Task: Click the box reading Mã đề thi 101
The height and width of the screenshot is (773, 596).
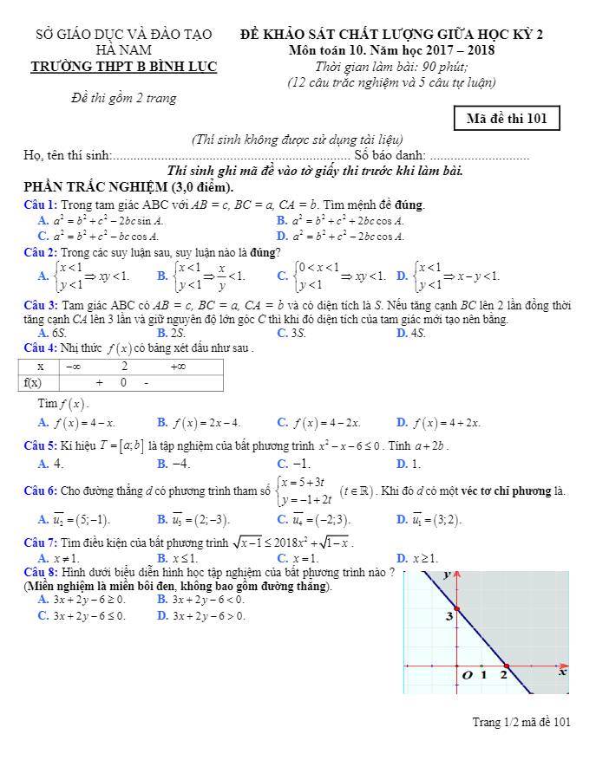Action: [507, 119]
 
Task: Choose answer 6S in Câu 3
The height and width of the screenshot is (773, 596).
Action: [59, 333]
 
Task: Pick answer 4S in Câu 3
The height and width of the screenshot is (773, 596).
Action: [416, 333]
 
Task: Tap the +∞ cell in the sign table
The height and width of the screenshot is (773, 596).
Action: [178, 367]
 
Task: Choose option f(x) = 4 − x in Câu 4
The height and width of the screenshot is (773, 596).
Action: [83, 423]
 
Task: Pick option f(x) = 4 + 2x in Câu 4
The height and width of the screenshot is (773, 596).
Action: [449, 423]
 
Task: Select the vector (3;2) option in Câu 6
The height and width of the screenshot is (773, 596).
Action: [441, 519]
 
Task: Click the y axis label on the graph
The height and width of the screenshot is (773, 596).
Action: [447, 574]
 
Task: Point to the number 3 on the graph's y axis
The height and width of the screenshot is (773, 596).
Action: [449, 616]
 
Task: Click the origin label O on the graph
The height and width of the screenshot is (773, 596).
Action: [468, 674]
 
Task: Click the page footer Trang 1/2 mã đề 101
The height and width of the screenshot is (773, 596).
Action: [521, 722]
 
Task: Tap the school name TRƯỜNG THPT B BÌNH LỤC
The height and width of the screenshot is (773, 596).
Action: [124, 67]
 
